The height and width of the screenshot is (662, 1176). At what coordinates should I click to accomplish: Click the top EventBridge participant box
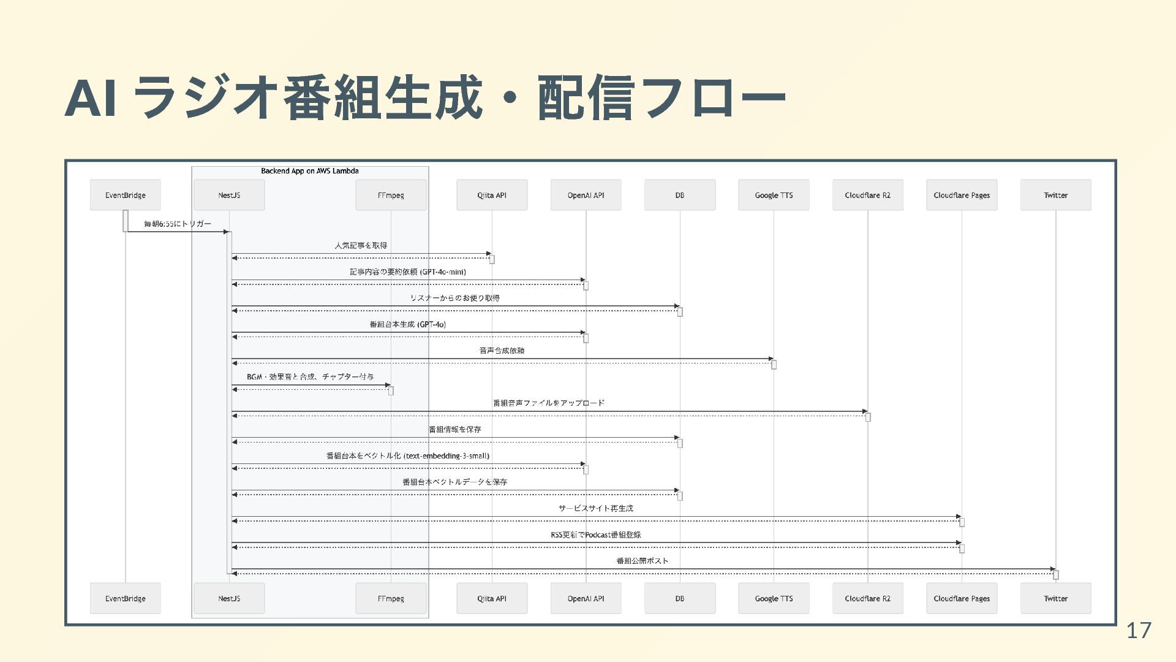[125, 195]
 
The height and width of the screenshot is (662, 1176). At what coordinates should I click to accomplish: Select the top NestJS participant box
[229, 195]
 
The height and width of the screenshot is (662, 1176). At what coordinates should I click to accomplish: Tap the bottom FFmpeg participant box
[391, 598]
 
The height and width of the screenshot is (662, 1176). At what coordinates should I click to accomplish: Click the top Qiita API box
[491, 195]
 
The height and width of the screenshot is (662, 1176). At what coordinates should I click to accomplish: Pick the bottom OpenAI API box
[586, 598]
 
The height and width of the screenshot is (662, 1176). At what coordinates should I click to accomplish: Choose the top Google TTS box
[774, 195]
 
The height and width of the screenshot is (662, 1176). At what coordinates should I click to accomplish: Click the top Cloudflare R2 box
[867, 195]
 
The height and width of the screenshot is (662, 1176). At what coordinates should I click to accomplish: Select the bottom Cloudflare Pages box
[962, 598]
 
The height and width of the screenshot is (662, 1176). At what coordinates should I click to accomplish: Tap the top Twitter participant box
[1055, 195]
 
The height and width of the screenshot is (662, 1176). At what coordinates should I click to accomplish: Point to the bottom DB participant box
[679, 598]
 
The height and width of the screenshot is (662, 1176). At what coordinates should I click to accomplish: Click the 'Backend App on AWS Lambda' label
[310, 171]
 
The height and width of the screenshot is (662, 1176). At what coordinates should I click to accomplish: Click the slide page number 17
[1139, 630]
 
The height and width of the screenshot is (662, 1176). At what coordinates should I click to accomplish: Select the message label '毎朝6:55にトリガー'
[178, 224]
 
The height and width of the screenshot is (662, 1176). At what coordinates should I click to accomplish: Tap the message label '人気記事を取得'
[361, 245]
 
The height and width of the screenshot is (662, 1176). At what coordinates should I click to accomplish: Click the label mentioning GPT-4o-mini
[408, 272]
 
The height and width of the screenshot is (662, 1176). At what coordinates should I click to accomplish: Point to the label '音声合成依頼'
[502, 351]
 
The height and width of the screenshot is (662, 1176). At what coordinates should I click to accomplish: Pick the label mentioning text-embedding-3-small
[408, 455]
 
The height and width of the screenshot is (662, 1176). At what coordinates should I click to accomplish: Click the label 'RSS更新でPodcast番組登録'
[596, 535]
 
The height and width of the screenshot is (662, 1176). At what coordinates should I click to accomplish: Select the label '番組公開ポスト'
[642, 561]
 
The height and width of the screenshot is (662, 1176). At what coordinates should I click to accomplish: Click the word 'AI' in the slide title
[91, 98]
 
